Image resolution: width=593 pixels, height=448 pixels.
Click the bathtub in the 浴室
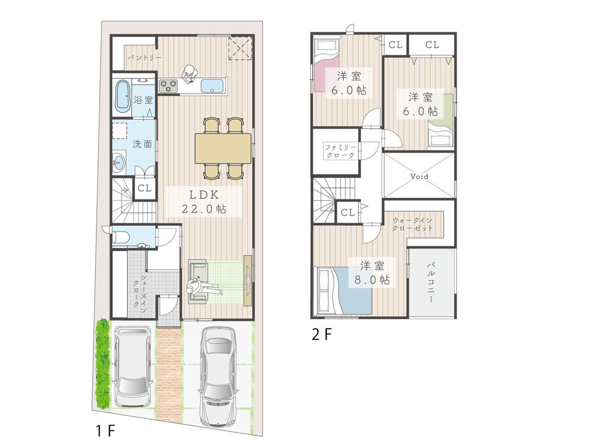coord(122,96)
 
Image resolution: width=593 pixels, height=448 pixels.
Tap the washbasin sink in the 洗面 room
coord(119,164)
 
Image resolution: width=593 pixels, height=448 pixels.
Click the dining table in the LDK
coord(223,148)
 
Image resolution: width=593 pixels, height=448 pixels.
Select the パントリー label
coord(144,58)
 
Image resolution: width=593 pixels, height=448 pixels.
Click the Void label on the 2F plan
coord(419,176)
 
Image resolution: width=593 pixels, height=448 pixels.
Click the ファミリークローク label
coord(340,151)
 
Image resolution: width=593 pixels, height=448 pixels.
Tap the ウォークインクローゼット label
coord(412,224)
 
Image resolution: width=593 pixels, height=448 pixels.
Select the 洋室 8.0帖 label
coord(372,273)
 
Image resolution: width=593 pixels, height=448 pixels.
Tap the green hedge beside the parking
coord(102,364)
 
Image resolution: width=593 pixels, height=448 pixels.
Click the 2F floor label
coord(322,334)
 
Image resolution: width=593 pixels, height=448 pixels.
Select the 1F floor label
coord(105,431)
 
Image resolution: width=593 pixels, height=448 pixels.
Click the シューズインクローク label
coord(140,291)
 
